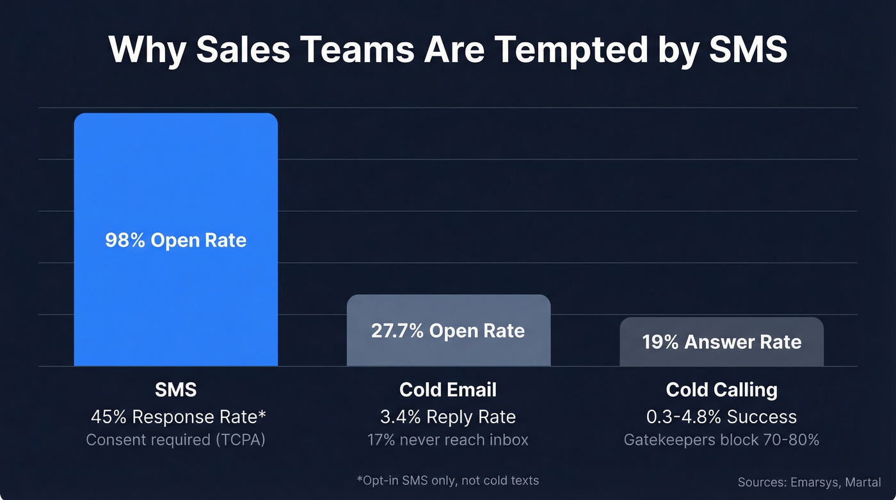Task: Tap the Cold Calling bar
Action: (721, 357)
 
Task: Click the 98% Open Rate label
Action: (175, 241)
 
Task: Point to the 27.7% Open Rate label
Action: (448, 331)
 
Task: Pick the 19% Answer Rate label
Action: (721, 342)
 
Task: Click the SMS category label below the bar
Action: (175, 390)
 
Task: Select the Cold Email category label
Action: (448, 390)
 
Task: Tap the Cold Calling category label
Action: (721, 390)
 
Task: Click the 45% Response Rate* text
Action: (178, 417)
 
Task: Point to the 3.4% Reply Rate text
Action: (448, 417)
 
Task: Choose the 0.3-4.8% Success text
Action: (721, 417)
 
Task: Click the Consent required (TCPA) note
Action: (175, 440)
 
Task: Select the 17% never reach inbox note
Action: (448, 440)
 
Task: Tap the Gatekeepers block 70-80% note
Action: (721, 440)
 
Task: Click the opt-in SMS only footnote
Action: (448, 480)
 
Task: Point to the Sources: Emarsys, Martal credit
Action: (809, 482)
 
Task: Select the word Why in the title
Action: (147, 49)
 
